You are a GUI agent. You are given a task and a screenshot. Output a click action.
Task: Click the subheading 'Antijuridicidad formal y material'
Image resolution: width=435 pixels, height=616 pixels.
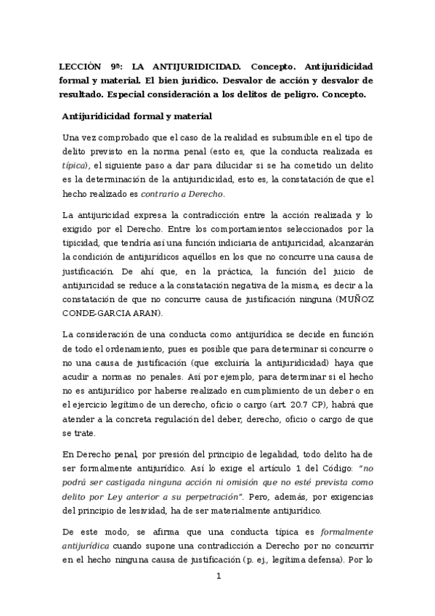coord(137,115)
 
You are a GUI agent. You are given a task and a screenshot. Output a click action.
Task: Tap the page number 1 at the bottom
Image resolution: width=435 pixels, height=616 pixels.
coord(217,596)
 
